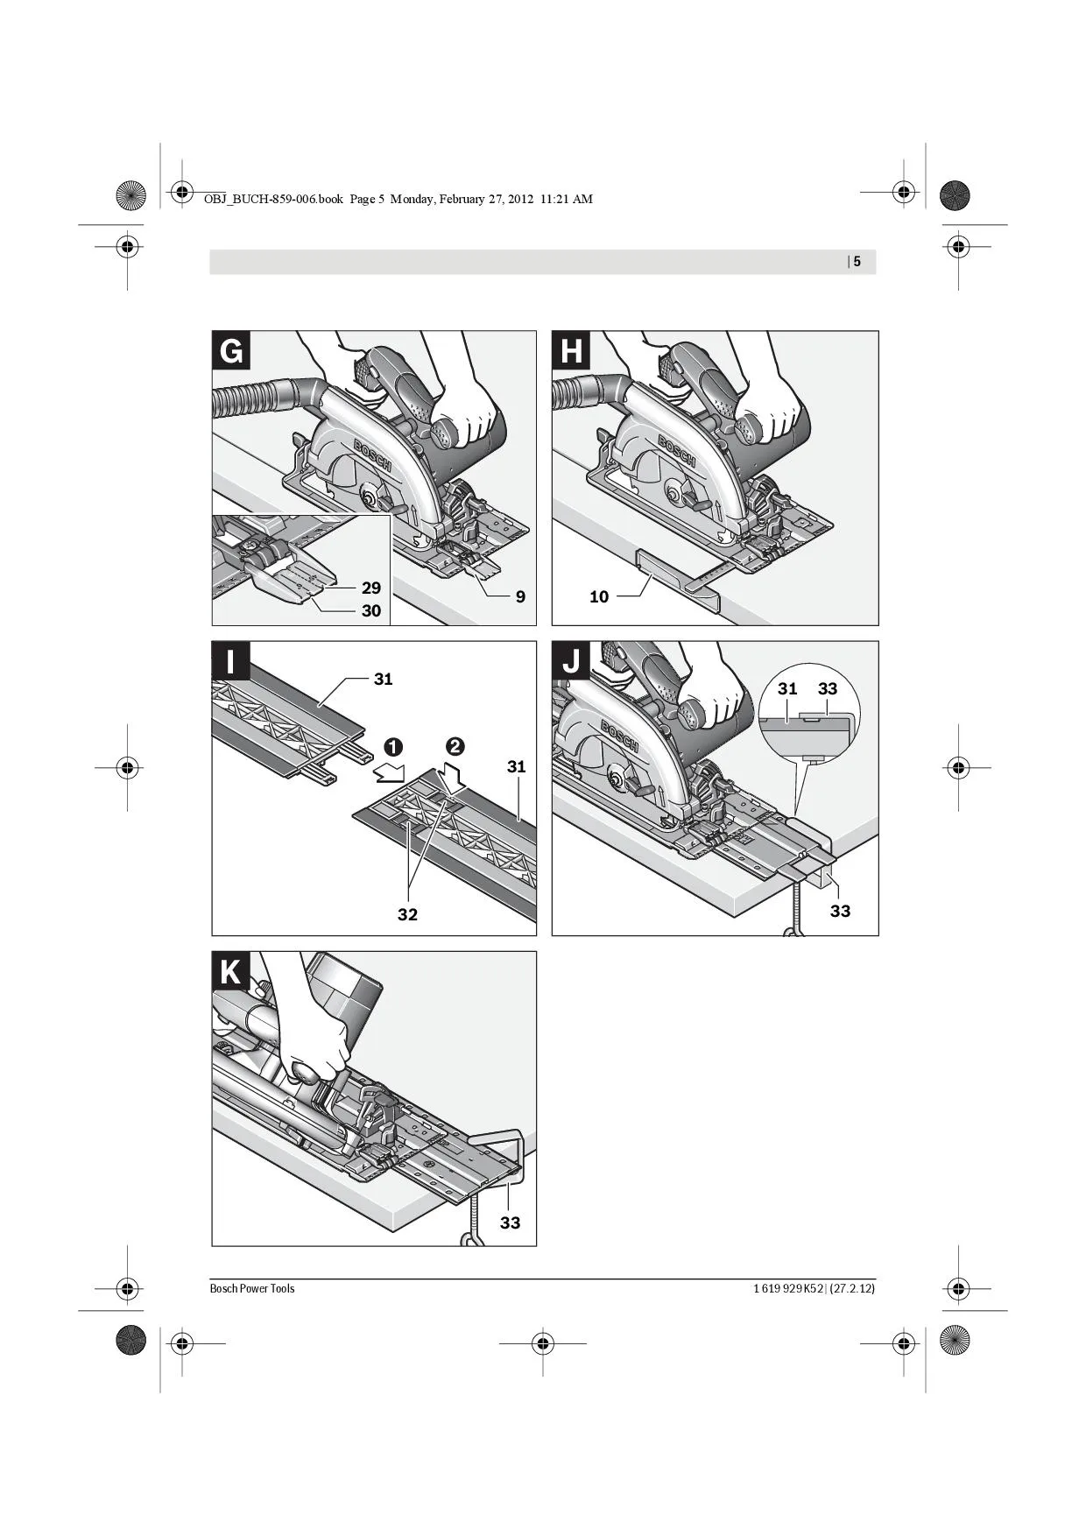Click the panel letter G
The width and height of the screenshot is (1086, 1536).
click(231, 351)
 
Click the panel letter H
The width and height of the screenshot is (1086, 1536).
click(571, 351)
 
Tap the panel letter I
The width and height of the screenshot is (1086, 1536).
click(231, 661)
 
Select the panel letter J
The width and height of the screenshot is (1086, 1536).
click(571, 661)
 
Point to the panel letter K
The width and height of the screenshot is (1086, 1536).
click(231, 971)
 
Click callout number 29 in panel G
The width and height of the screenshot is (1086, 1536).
click(370, 588)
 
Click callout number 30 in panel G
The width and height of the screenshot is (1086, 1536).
click(370, 610)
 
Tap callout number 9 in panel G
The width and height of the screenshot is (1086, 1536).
click(520, 596)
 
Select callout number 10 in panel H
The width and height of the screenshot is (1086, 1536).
click(599, 596)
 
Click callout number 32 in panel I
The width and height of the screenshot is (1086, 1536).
click(407, 914)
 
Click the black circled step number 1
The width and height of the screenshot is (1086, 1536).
click(392, 747)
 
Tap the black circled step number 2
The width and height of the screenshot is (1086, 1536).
click(455, 747)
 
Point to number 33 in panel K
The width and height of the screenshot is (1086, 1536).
click(510, 1222)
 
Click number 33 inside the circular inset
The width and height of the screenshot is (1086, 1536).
click(828, 688)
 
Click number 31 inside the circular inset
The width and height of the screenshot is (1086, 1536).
click(787, 688)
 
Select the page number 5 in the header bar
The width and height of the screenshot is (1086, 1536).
click(857, 261)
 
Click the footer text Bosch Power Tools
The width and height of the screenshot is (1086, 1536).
click(252, 1288)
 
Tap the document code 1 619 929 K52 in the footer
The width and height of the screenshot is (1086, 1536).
click(788, 1288)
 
